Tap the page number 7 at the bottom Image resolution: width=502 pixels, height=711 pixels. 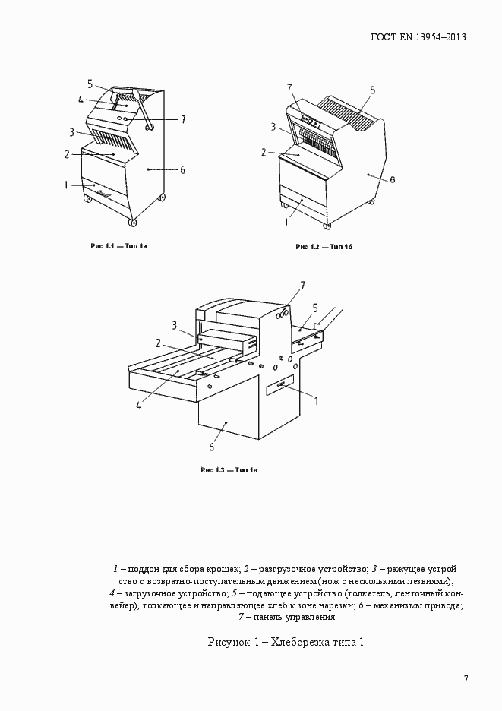pyautogui.click(x=466, y=678)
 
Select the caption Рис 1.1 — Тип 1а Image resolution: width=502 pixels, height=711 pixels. pyautogui.click(x=118, y=246)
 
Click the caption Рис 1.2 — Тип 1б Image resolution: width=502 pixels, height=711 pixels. pyautogui.click(x=324, y=247)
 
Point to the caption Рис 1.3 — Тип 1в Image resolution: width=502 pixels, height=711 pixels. pyautogui.click(x=230, y=470)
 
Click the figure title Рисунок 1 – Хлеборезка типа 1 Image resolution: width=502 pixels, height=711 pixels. pyautogui.click(x=286, y=643)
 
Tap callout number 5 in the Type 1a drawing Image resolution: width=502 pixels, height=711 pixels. pyautogui.click(x=90, y=84)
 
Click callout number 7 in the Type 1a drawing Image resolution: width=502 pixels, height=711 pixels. pyautogui.click(x=183, y=118)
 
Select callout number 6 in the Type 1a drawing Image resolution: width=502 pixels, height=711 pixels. pyautogui.click(x=182, y=169)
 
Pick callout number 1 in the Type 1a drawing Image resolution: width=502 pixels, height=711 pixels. pyautogui.click(x=67, y=185)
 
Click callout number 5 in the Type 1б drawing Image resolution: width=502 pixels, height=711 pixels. pyautogui.click(x=373, y=90)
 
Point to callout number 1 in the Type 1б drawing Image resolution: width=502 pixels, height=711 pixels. pyautogui.click(x=286, y=223)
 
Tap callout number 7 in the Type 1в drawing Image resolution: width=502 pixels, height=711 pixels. pyautogui.click(x=302, y=286)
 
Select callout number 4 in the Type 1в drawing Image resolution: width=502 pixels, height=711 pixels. pyautogui.click(x=140, y=405)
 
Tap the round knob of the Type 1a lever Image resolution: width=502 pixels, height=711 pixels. pyautogui.click(x=149, y=127)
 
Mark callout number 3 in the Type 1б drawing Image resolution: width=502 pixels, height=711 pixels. pyautogui.click(x=273, y=127)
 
